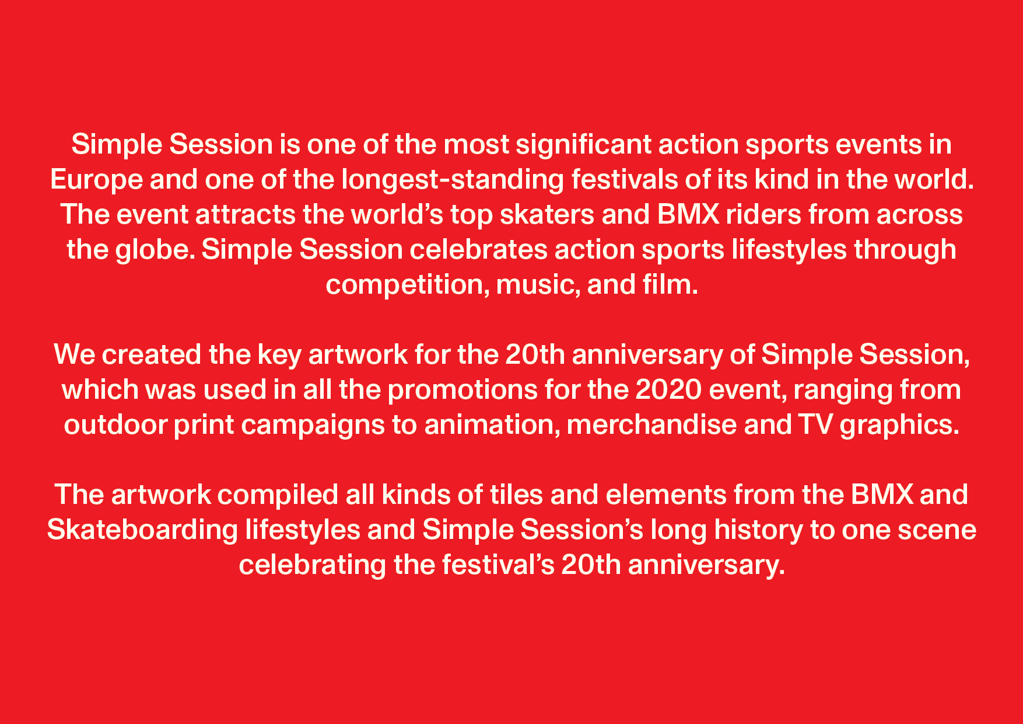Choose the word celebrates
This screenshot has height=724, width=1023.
[x=478, y=249]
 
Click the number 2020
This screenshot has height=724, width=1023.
[x=668, y=389]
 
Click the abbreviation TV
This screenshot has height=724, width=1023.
[x=815, y=424]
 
